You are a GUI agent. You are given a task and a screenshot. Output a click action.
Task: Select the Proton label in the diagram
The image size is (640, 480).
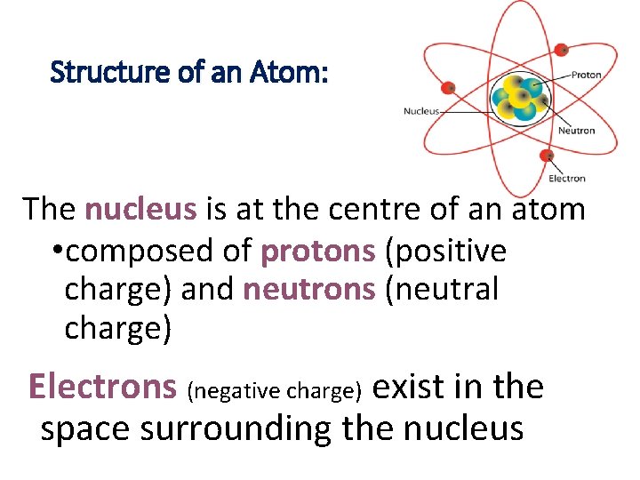pos(586,76)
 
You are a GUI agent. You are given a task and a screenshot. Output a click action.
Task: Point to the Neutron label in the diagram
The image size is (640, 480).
pos(576,131)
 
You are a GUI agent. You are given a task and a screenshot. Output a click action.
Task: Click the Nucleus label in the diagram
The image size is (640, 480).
pos(421,111)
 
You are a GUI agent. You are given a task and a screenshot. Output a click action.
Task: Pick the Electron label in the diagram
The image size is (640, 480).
pos(567,179)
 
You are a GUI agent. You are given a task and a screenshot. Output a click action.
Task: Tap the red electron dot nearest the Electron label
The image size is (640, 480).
pos(547,156)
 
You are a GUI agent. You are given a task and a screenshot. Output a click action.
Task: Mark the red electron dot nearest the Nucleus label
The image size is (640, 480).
pos(449,87)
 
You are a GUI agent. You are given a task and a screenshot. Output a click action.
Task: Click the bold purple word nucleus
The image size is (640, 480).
pos(140,210)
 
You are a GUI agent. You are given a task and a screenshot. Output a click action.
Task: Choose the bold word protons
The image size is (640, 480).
pos(318,252)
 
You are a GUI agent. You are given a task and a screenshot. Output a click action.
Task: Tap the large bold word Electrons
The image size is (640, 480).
pos(103,387)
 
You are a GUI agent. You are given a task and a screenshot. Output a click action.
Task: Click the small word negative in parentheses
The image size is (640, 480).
pos(232,390)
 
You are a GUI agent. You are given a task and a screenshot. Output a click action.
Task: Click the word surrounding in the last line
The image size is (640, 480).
pos(236,429)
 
